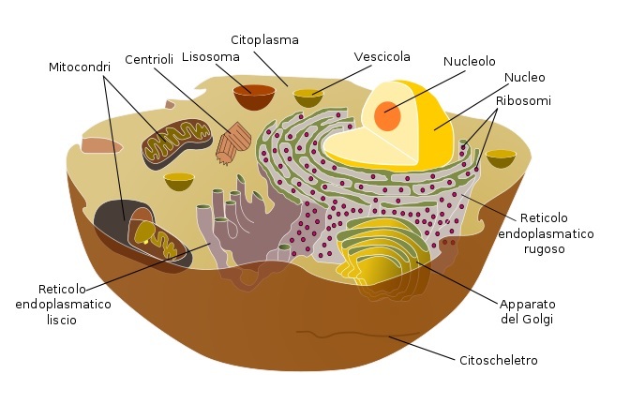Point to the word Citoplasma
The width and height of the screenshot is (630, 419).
[x=264, y=39]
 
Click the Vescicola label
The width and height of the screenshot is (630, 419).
[x=382, y=57]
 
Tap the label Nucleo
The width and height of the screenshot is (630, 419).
[x=524, y=78]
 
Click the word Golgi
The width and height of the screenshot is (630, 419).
[x=539, y=320]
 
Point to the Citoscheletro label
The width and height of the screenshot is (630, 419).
[x=498, y=360]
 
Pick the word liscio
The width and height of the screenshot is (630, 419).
[x=57, y=320]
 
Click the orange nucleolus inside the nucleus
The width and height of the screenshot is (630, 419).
[x=388, y=117]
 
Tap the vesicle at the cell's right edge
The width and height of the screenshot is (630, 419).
[x=501, y=157]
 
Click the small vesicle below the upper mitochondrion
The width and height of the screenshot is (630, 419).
[x=179, y=180]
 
